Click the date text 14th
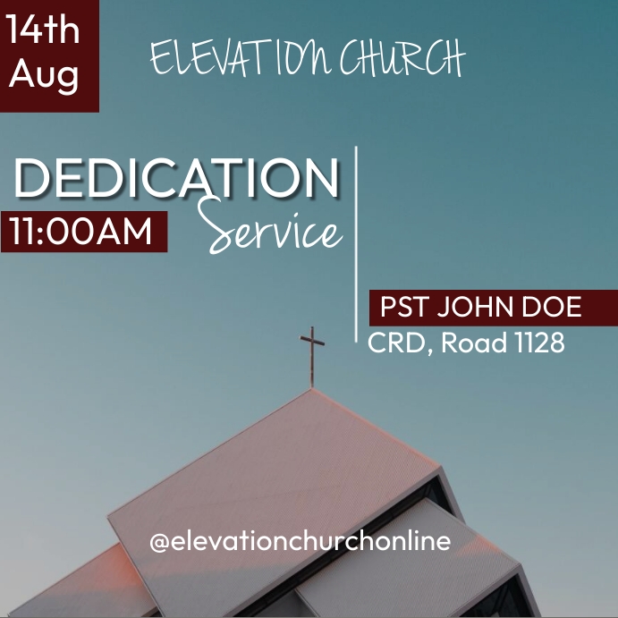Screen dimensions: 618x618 [43, 30]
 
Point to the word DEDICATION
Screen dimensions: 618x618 [176, 180]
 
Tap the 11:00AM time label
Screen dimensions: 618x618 [82, 232]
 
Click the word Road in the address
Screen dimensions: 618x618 [474, 342]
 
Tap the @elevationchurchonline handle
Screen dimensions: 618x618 [300, 541]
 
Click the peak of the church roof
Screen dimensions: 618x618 [312, 390]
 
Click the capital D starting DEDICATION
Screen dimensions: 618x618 [35, 180]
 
